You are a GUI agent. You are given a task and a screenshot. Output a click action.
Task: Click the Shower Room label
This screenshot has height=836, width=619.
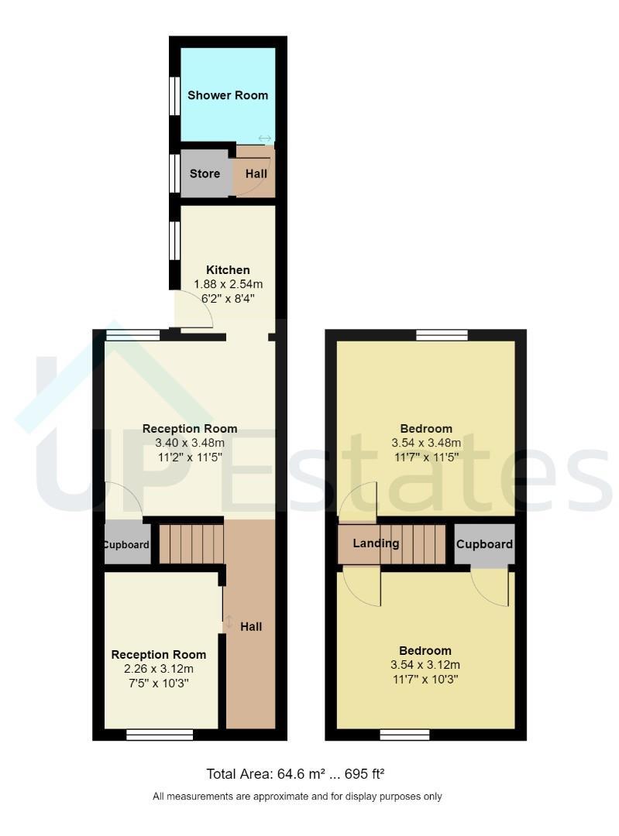[227, 95]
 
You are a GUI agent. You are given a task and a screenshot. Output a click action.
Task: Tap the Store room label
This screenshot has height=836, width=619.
[205, 174]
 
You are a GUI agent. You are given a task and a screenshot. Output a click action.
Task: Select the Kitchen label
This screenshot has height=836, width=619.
[228, 270]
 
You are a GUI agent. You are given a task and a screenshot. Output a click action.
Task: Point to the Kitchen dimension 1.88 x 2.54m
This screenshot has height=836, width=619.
[228, 284]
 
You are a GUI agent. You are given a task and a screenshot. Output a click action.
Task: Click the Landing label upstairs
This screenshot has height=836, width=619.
[376, 543]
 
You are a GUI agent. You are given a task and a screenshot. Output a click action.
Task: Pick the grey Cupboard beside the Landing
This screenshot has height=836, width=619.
[484, 544]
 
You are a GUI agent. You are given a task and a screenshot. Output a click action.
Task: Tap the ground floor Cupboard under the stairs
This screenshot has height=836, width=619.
[127, 544]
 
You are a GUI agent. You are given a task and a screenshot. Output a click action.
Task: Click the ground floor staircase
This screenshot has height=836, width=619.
[191, 544]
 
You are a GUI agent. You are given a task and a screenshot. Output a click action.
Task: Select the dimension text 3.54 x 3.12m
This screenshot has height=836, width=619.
[425, 665]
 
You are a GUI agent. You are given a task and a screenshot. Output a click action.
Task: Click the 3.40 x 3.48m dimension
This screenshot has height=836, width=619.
[190, 443]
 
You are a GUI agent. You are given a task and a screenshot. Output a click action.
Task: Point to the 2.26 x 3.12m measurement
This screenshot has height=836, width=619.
[159, 669]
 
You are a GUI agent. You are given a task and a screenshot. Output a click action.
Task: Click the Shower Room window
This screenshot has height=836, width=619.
[174, 96]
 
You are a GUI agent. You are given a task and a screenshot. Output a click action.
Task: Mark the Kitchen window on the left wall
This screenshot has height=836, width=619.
[174, 241]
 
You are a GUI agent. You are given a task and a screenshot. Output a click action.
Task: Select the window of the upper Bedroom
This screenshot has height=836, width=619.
[442, 335]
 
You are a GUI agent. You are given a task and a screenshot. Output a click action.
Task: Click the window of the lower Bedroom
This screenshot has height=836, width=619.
[405, 735]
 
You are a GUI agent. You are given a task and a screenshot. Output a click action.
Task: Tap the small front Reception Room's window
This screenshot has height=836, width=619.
[160, 735]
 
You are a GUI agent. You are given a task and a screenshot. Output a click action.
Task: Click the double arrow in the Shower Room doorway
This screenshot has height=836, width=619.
[265, 139]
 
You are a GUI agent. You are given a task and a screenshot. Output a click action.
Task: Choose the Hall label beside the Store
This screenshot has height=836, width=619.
[256, 174]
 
